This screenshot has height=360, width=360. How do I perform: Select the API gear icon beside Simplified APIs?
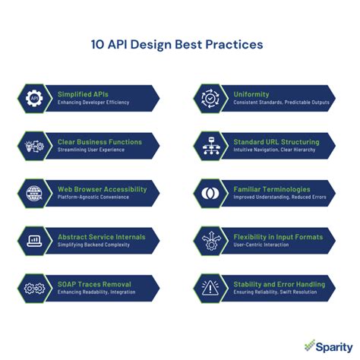[x=34, y=98]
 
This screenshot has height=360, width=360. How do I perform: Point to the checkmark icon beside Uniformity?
[x=209, y=98]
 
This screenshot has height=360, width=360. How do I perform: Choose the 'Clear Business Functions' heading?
[x=99, y=141]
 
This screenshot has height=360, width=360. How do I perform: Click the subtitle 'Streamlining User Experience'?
[x=93, y=150]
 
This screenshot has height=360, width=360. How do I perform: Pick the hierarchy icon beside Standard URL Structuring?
[x=209, y=145]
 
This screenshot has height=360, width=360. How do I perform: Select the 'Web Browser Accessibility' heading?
[x=101, y=189]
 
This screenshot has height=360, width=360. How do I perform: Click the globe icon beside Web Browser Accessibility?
[x=34, y=193]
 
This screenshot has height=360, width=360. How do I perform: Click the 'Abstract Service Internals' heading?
[x=102, y=237]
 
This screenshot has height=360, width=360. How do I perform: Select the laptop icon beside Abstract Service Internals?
[x=34, y=241]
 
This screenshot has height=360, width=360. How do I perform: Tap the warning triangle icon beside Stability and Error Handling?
[x=209, y=288]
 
